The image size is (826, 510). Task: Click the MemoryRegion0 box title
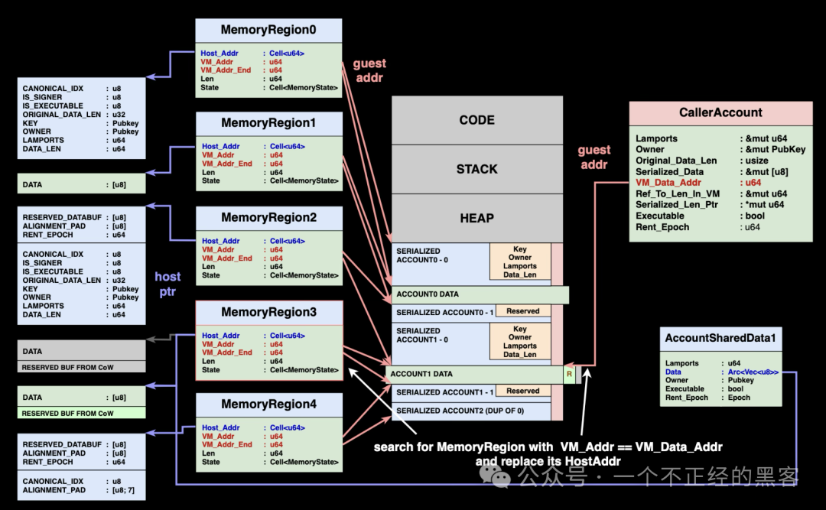(x=268, y=31)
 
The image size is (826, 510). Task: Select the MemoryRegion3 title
(x=268, y=312)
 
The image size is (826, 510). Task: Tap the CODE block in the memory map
(x=476, y=120)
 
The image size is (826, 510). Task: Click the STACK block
(x=476, y=169)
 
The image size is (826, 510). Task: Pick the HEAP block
(x=476, y=218)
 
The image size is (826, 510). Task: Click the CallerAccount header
(x=720, y=112)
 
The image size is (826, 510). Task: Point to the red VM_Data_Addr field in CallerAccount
(x=668, y=183)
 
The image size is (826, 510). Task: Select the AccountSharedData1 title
(x=720, y=338)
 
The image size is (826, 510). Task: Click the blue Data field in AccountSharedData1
(x=673, y=372)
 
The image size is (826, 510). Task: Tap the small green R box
(x=569, y=374)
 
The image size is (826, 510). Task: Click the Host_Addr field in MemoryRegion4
(x=221, y=427)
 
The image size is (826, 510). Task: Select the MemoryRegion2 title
(x=268, y=218)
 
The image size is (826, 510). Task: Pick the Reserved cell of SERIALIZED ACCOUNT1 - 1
(x=523, y=391)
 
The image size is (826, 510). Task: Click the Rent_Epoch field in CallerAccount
(x=662, y=227)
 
